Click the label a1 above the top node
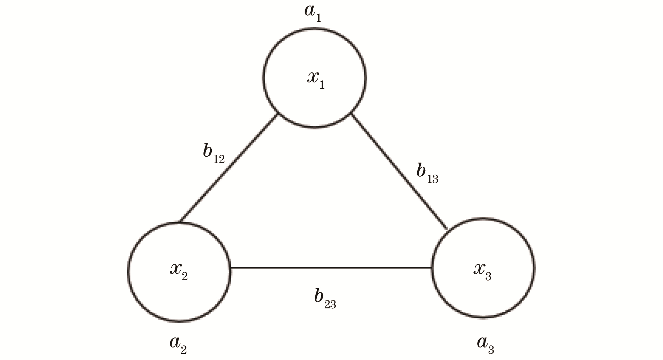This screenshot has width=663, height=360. tap(313, 13)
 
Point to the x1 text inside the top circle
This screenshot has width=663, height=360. tap(316, 79)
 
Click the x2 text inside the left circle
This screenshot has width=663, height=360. tap(178, 270)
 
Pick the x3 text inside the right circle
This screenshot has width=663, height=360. tap(482, 270)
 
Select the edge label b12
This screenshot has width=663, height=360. tap(213, 153)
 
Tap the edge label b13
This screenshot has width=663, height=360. tap(427, 173)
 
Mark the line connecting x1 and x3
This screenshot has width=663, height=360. tap(399, 171)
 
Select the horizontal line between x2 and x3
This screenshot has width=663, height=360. tap(331, 267)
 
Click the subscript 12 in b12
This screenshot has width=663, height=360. tap(219, 159)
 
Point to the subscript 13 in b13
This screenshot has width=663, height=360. tap(433, 179)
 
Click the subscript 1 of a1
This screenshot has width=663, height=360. tap(318, 17)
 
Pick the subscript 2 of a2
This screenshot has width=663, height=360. tap(183, 349)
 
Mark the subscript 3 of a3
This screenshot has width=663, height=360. tap(491, 349)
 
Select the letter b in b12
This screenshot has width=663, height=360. tap(208, 151)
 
